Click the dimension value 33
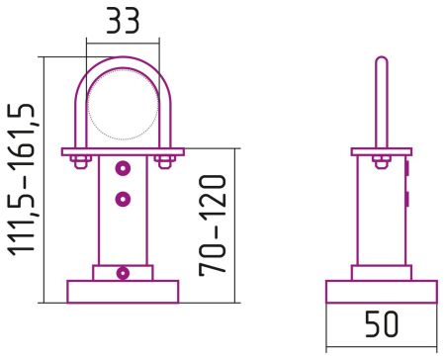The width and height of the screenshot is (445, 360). tap(124, 21)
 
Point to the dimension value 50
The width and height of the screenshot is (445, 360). tap(381, 324)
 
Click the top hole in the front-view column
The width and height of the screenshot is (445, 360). tap(123, 166)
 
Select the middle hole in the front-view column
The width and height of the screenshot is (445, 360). tap(123, 200)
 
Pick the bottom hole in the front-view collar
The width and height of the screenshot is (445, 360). tap(123, 273)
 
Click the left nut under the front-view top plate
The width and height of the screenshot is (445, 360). tap(82, 160)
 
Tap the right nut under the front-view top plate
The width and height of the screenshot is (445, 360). tap(164, 160)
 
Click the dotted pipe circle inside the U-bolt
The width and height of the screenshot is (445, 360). tap(123, 107)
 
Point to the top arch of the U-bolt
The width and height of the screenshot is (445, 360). tap(123, 61)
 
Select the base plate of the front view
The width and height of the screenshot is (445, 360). tap(123, 291)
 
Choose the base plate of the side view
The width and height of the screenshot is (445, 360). tap(381, 291)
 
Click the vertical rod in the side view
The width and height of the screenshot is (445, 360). tap(381, 99)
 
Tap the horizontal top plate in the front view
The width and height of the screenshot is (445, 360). tap(123, 151)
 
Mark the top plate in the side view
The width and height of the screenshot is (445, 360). tap(381, 151)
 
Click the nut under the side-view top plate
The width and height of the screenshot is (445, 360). tap(381, 161)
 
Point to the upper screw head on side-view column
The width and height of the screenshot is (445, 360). tap(406, 170)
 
